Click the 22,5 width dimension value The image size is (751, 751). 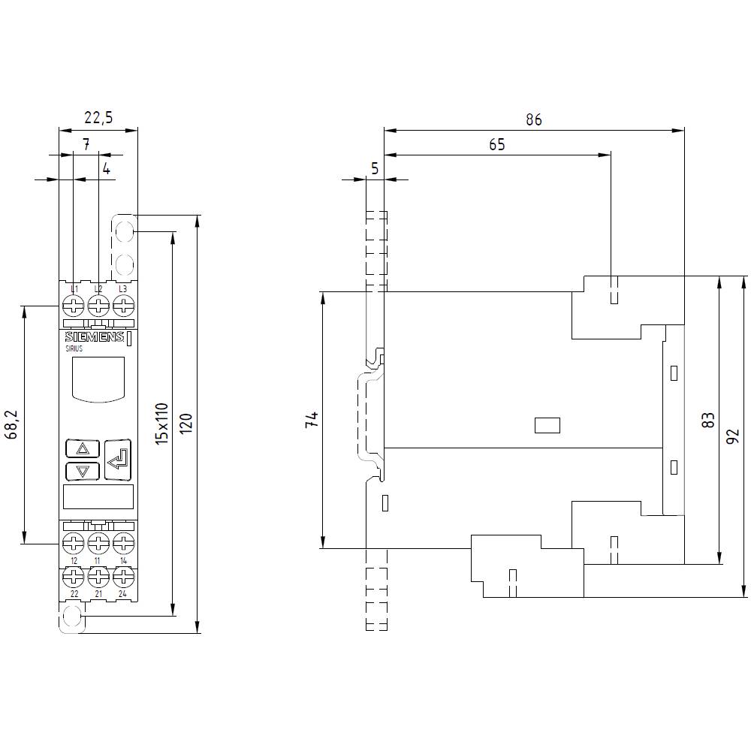coord(98,117)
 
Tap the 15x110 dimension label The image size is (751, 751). coord(161,424)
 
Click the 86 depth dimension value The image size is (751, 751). coord(533,119)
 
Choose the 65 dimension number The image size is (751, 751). coord(496,145)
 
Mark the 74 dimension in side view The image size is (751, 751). coord(312,419)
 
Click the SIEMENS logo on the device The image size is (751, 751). coord(94,338)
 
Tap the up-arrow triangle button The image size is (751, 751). coord(83,449)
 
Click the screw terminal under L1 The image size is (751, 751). coord(74,306)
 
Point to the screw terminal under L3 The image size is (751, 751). coord(122,306)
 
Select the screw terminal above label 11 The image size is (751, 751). coord(98,541)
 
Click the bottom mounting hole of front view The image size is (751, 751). coord(71,617)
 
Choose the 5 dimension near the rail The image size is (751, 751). coord(375,169)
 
